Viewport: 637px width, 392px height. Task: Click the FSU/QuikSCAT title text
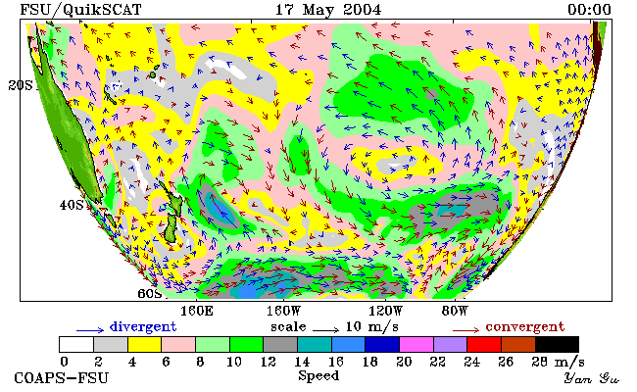80,10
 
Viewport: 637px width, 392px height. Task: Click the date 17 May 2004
328,10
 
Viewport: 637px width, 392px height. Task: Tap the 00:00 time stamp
589,10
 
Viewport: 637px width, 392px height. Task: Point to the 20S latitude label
21,85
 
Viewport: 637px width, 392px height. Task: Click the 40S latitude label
72,205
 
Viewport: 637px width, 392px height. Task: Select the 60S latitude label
150,293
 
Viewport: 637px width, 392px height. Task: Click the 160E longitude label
197,312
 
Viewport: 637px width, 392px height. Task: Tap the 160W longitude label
283,312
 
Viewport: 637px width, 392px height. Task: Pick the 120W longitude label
385,312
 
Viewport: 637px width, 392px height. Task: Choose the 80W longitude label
455,312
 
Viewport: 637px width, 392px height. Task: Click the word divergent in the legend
143,327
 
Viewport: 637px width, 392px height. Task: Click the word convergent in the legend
525,327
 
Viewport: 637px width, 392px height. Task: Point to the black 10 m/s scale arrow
325,330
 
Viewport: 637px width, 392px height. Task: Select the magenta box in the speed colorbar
416,345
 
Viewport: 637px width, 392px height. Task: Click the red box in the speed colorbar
484,345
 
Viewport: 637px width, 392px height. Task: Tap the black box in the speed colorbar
557,345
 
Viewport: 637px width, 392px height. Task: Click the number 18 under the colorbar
369,362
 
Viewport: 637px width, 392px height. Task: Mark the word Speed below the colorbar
318,375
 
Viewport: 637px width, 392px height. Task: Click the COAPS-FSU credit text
62,378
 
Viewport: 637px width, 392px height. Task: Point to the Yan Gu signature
592,378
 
